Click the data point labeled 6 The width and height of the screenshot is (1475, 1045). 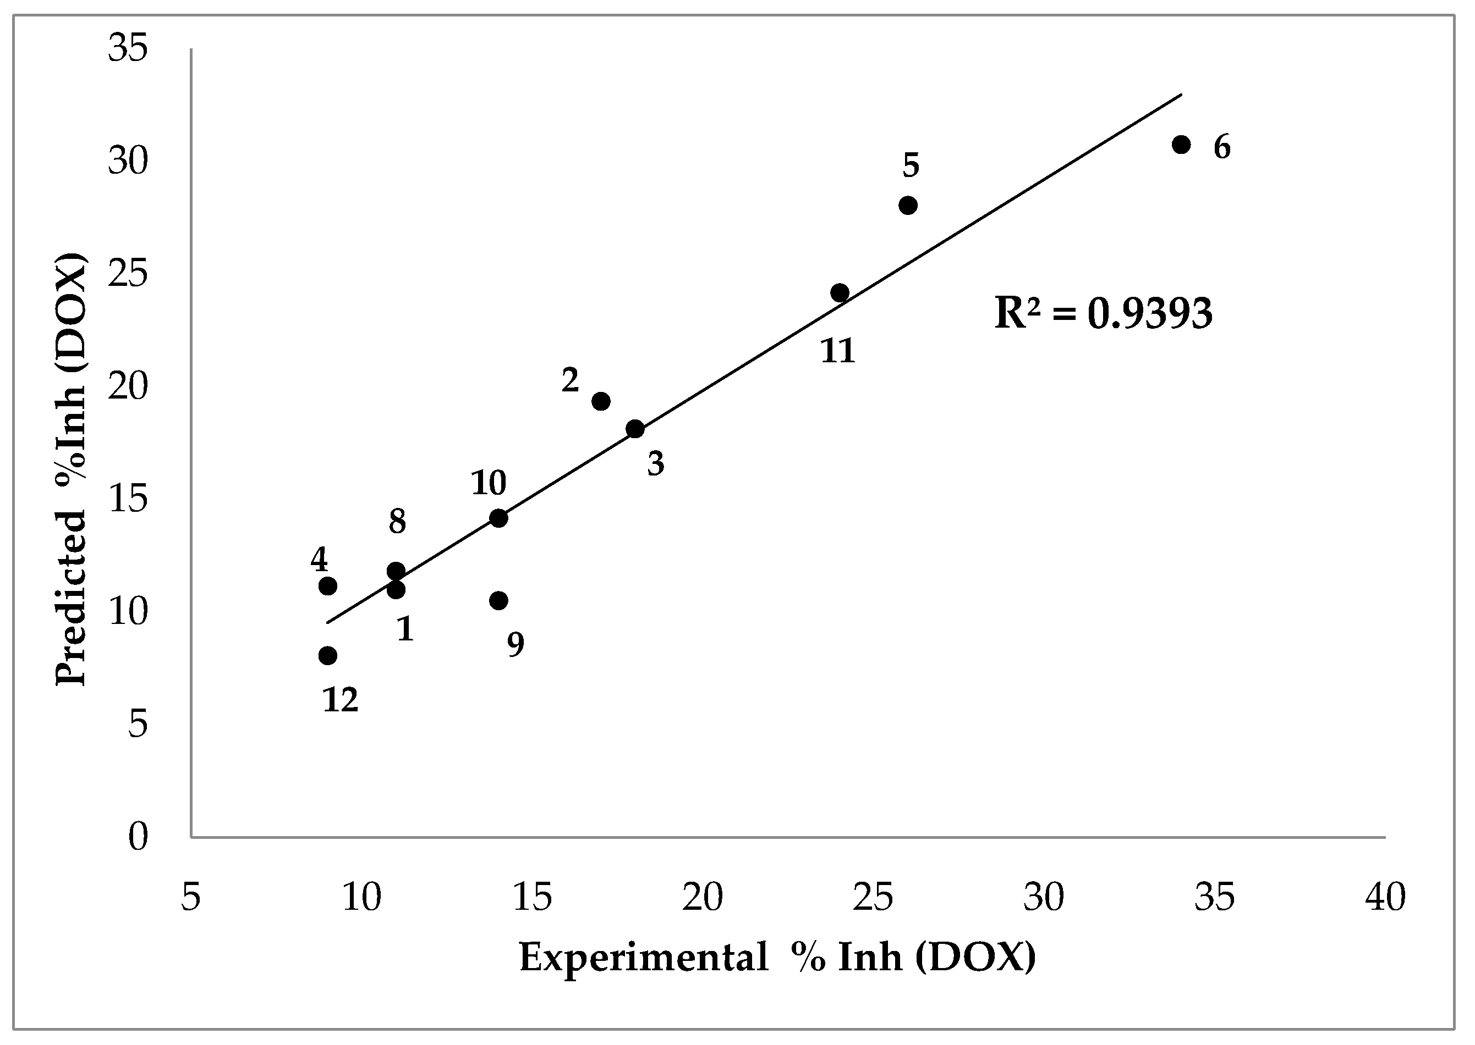coord(1181,144)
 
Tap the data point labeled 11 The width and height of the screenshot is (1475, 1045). coord(840,293)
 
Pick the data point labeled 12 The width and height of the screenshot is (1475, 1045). coord(328,656)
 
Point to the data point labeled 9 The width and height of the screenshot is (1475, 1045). coord(498,600)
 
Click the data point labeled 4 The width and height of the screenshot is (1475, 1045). coord(328,585)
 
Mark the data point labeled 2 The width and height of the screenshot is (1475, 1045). coord(601,401)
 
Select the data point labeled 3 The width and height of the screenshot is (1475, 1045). coord(635,429)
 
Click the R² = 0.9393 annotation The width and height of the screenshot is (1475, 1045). coord(1103,313)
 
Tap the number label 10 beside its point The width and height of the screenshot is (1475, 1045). coord(489,483)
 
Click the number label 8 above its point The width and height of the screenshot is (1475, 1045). coord(397,521)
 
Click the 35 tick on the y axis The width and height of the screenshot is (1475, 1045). coord(128,48)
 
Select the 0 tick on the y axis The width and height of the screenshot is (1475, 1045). coord(138,837)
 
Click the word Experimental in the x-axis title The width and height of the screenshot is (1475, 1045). coord(644,957)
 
